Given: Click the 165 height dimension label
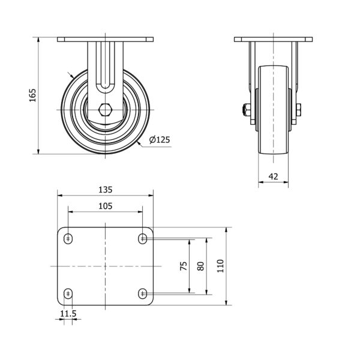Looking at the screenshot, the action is (x=32, y=95).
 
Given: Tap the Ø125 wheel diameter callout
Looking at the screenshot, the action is (x=160, y=140).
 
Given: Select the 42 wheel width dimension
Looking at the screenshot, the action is (x=273, y=176).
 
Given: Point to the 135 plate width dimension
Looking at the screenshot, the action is (x=106, y=190).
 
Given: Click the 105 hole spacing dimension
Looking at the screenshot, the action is (x=106, y=206).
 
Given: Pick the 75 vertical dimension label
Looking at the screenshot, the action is (x=184, y=266).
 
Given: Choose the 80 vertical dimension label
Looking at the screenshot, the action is (x=200, y=266).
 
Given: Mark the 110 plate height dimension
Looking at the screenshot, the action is (x=220, y=266).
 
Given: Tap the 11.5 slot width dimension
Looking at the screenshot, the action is (x=68, y=313).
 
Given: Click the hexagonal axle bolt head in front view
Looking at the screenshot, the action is (x=106, y=110).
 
